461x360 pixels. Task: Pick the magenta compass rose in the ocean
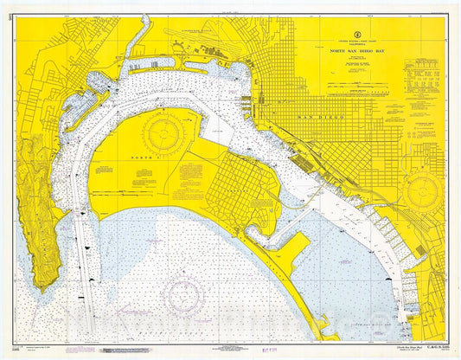(x=184, y=286)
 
